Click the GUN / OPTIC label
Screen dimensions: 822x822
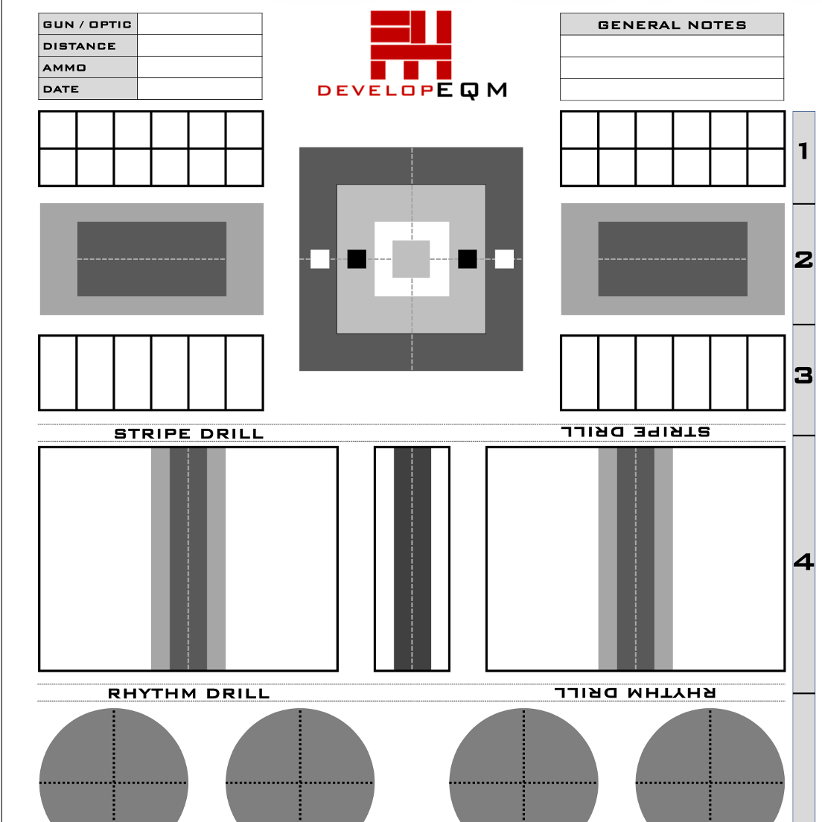click(x=87, y=25)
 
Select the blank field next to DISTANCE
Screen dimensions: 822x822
click(x=200, y=46)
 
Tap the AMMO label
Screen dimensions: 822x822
click(x=65, y=68)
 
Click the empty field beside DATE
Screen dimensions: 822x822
click(x=200, y=89)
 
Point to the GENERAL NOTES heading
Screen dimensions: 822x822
click(x=672, y=25)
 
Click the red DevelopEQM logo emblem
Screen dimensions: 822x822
click(x=411, y=45)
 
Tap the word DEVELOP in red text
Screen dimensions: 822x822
click(x=375, y=91)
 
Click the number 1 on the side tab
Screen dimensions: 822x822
click(x=803, y=151)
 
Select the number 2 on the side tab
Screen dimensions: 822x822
click(x=803, y=260)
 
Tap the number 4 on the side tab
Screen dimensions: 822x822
click(x=803, y=561)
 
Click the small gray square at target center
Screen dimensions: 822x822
click(x=411, y=259)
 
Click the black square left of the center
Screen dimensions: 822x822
click(x=357, y=259)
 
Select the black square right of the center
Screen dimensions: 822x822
click(x=467, y=259)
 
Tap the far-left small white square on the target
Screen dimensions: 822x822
click(x=319, y=259)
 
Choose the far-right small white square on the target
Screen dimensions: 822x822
click(x=504, y=259)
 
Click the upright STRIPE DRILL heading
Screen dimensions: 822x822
click(x=188, y=433)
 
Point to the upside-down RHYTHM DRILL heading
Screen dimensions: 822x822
click(x=635, y=692)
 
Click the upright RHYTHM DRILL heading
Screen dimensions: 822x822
click(x=188, y=694)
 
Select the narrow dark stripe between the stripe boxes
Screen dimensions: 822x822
click(x=412, y=558)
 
